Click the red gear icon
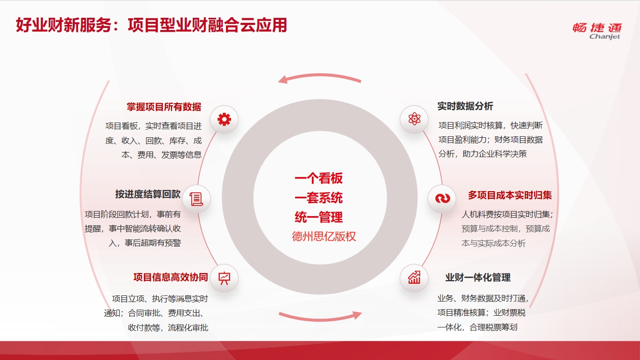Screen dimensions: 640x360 click(x=224, y=119)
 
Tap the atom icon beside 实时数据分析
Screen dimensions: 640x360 click(x=414, y=119)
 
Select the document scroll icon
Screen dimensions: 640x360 click(x=196, y=199)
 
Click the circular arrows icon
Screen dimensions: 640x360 click(x=443, y=198)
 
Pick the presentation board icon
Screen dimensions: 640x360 click(x=224, y=278)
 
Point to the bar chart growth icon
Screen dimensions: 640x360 click(x=414, y=278)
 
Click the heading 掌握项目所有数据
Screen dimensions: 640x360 click(x=164, y=107)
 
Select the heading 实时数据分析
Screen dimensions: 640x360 click(x=465, y=106)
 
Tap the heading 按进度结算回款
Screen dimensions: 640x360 click(x=148, y=194)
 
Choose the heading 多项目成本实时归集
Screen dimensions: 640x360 click(x=510, y=195)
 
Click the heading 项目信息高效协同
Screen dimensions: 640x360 click(x=170, y=277)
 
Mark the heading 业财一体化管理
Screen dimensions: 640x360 click(x=478, y=278)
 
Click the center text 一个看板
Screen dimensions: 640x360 click(x=318, y=178)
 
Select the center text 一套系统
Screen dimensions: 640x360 click(x=318, y=198)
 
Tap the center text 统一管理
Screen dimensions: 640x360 click(x=318, y=217)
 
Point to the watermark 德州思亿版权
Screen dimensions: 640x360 click(x=324, y=236)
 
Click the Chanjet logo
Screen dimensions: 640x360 click(x=597, y=31)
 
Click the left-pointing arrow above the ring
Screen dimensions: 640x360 click(x=319, y=76)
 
